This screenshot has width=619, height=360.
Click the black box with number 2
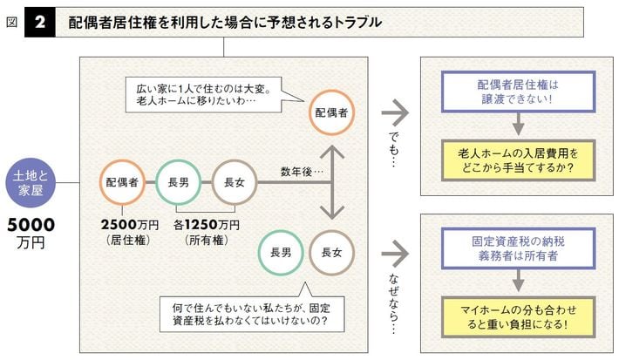pyautogui.click(x=39, y=22)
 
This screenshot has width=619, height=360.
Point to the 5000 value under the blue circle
pyautogui.click(x=31, y=225)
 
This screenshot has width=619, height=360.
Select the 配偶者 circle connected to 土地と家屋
pyautogui.click(x=122, y=183)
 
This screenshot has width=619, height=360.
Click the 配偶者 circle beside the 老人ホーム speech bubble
pyautogui.click(x=331, y=114)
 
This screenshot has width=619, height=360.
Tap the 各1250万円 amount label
pyautogui.click(x=207, y=224)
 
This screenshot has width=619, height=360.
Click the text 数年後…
pyautogui.click(x=302, y=170)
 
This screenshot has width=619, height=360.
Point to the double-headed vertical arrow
pyautogui.click(x=332, y=182)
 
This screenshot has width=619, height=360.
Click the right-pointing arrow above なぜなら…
pyautogui.click(x=396, y=253)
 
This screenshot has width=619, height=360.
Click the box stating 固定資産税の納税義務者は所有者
pyautogui.click(x=518, y=248)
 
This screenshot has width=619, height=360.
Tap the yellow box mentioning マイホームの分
pyautogui.click(x=518, y=316)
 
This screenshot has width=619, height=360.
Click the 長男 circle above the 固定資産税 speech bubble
pyautogui.click(x=281, y=253)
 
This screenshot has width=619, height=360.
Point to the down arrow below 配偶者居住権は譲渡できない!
pyautogui.click(x=518, y=125)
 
